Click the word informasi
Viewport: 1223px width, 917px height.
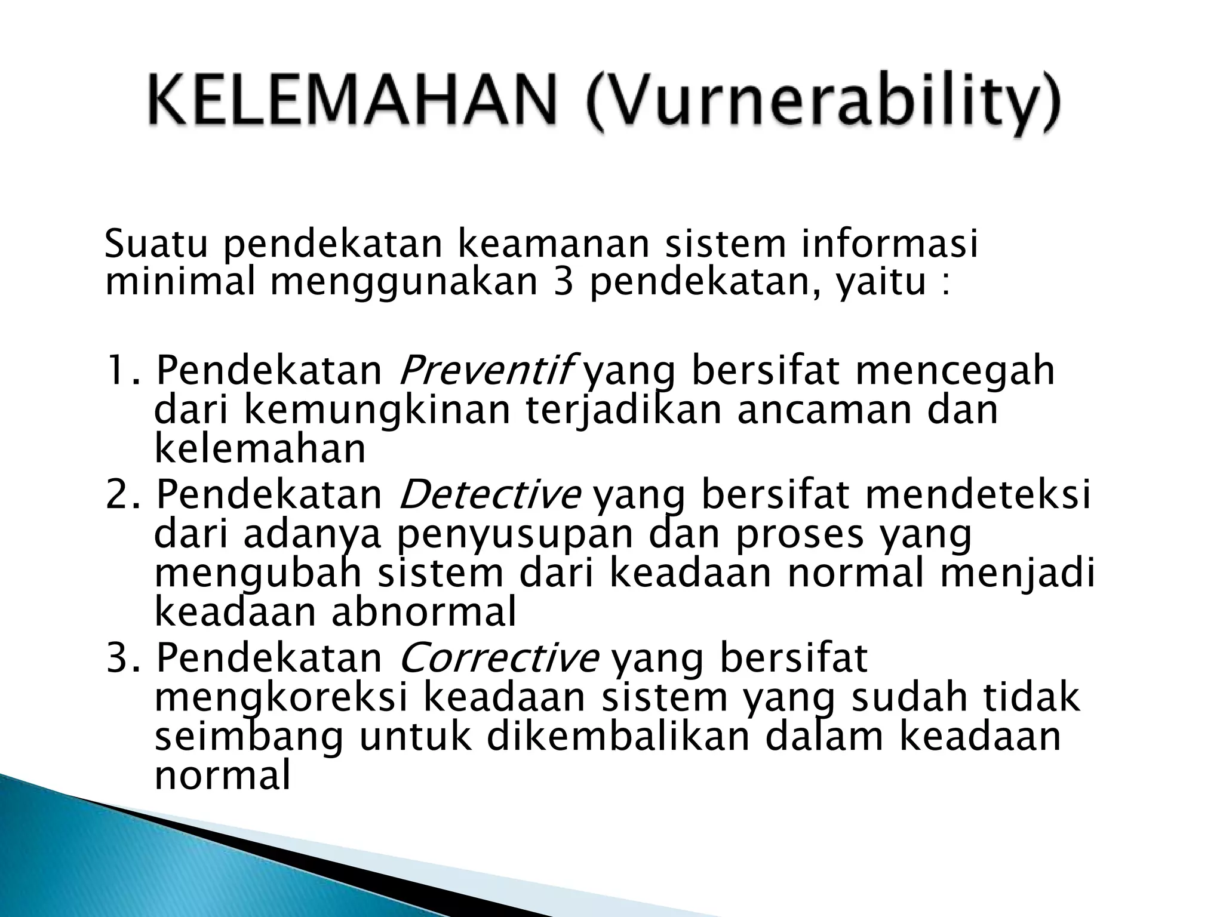click(889, 245)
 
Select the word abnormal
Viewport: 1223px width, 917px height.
click(423, 613)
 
